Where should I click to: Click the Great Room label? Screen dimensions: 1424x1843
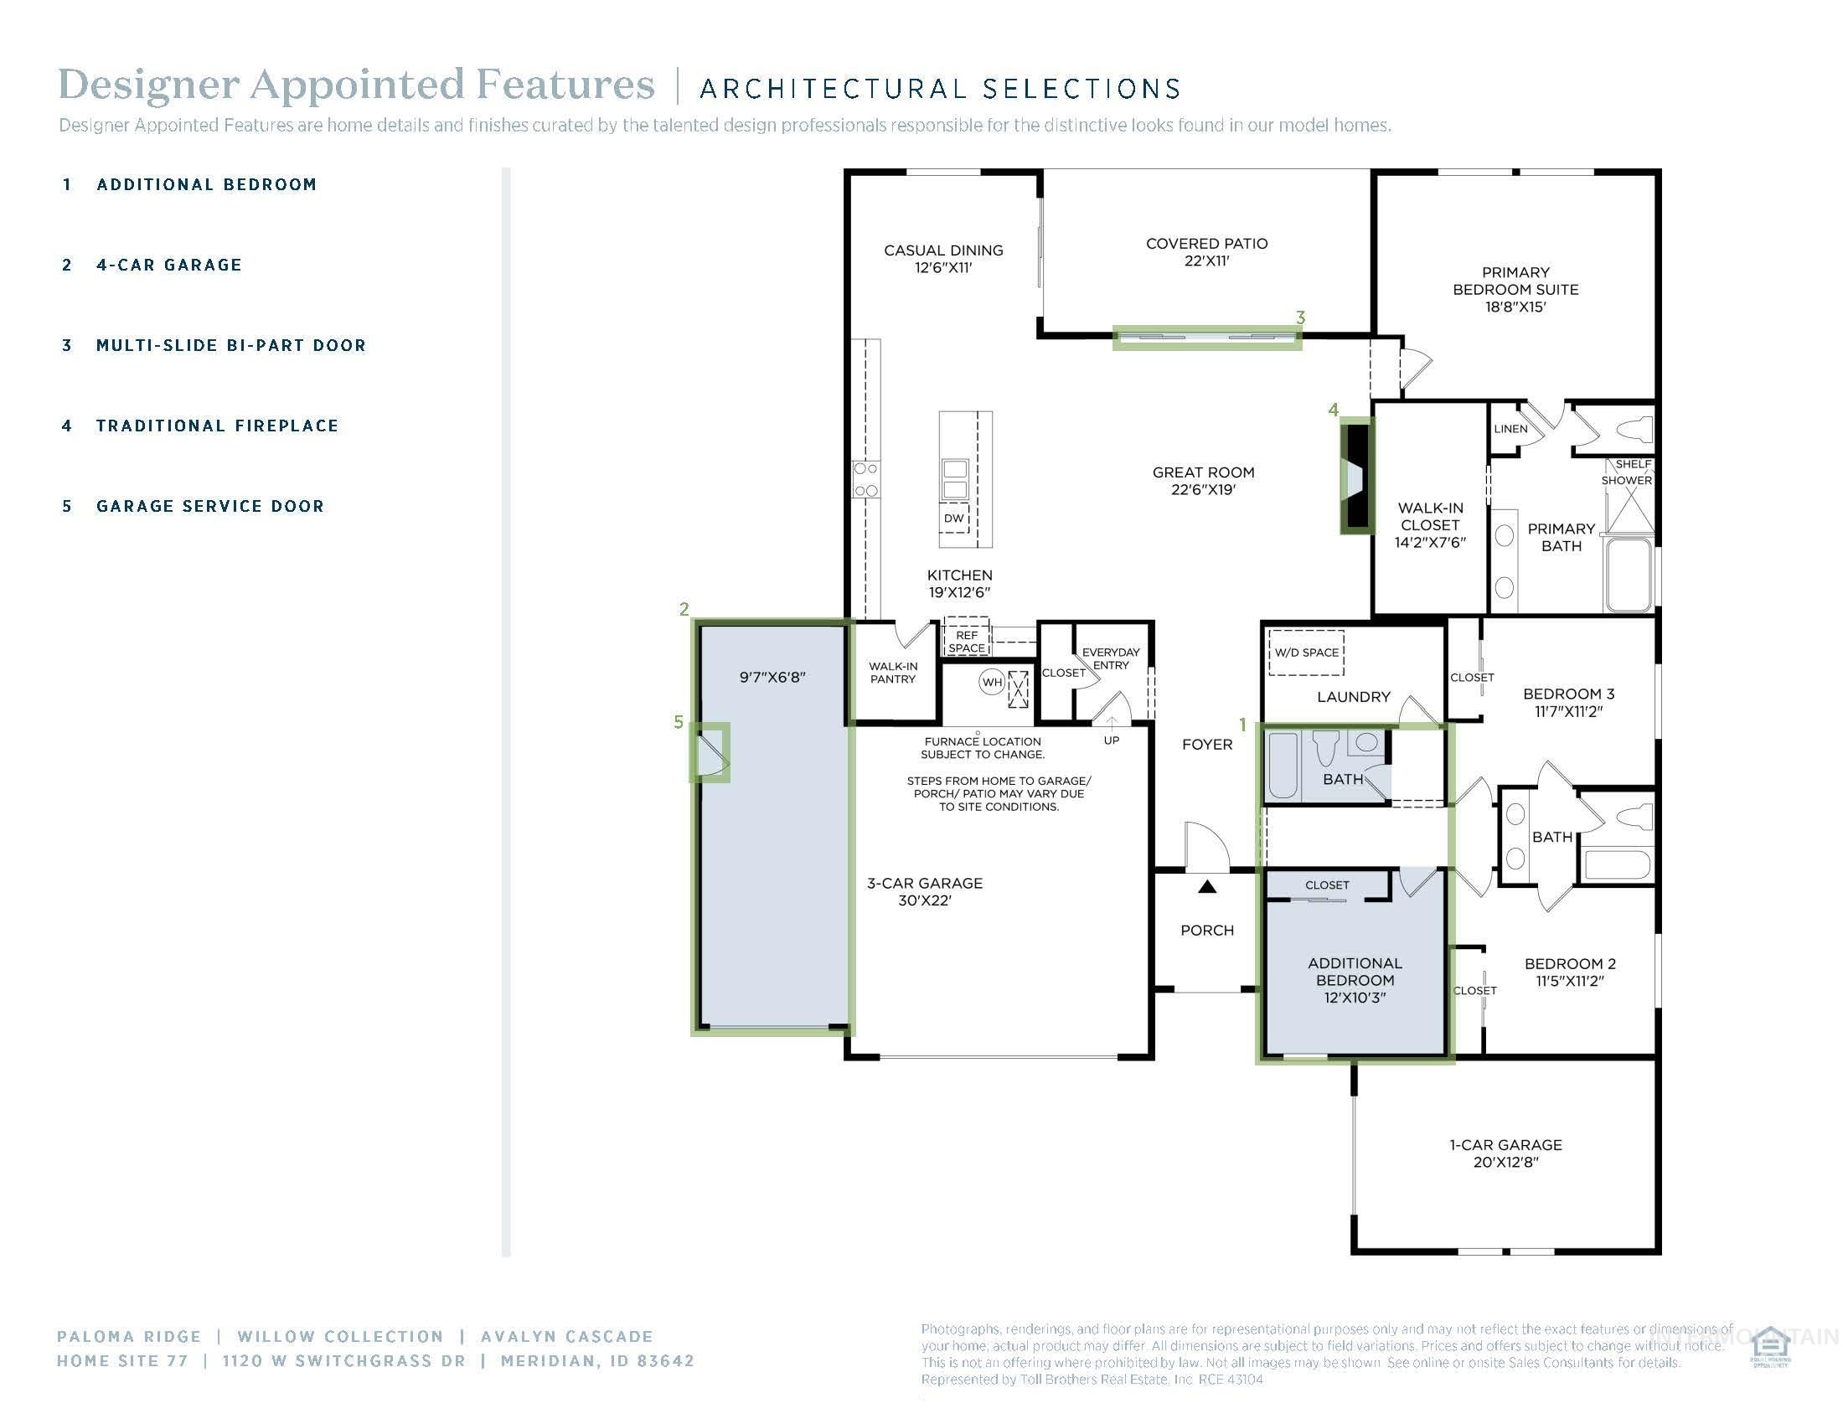point(1202,481)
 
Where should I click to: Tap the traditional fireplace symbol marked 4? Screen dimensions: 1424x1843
point(1357,477)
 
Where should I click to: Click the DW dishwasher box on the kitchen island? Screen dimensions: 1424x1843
point(953,518)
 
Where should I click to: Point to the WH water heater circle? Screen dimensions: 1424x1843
point(992,682)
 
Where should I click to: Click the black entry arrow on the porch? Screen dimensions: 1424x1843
point(1207,886)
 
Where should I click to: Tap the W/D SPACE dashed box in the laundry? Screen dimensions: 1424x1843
point(1306,652)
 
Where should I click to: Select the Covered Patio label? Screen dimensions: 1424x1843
point(1205,251)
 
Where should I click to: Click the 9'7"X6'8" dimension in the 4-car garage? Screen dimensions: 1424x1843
point(772,677)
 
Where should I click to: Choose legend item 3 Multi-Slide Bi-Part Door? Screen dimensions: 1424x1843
point(230,345)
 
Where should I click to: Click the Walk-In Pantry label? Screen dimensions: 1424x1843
point(893,673)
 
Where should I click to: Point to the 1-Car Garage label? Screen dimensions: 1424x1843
point(1505,1153)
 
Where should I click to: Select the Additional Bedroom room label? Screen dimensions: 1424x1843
point(1355,979)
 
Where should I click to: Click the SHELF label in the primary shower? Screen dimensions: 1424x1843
point(1633,464)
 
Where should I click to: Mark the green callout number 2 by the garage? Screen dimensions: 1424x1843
point(684,609)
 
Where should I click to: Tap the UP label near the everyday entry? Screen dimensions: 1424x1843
point(1112,740)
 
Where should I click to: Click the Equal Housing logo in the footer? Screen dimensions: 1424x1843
point(1769,1347)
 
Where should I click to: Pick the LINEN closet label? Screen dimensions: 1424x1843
point(1510,429)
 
